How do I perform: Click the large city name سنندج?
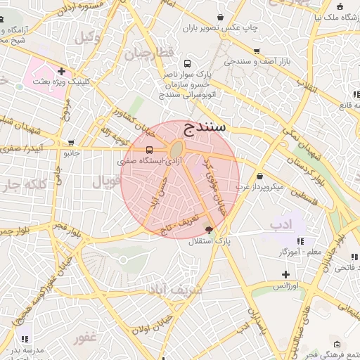point(204,127)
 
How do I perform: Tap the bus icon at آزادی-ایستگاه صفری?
point(148,150)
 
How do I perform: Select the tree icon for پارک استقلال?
point(208,229)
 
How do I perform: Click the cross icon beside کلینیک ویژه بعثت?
point(63,71)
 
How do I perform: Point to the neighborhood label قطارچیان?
point(148,54)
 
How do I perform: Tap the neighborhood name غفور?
point(85,338)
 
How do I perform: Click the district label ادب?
point(281,225)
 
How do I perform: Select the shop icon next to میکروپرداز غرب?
point(261,176)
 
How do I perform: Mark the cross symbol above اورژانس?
point(285,274)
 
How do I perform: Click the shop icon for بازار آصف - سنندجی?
point(257,51)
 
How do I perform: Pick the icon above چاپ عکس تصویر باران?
point(221,17)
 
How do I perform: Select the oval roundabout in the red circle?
point(176,149)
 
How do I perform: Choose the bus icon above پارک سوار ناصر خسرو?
point(185,62)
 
